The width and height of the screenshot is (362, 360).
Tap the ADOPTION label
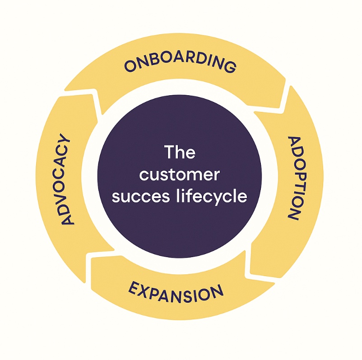[x=294, y=178]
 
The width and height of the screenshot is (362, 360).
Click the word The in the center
[x=180, y=152]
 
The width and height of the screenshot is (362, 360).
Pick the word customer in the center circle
[x=180, y=175]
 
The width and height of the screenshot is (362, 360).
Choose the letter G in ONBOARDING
[x=230, y=67]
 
